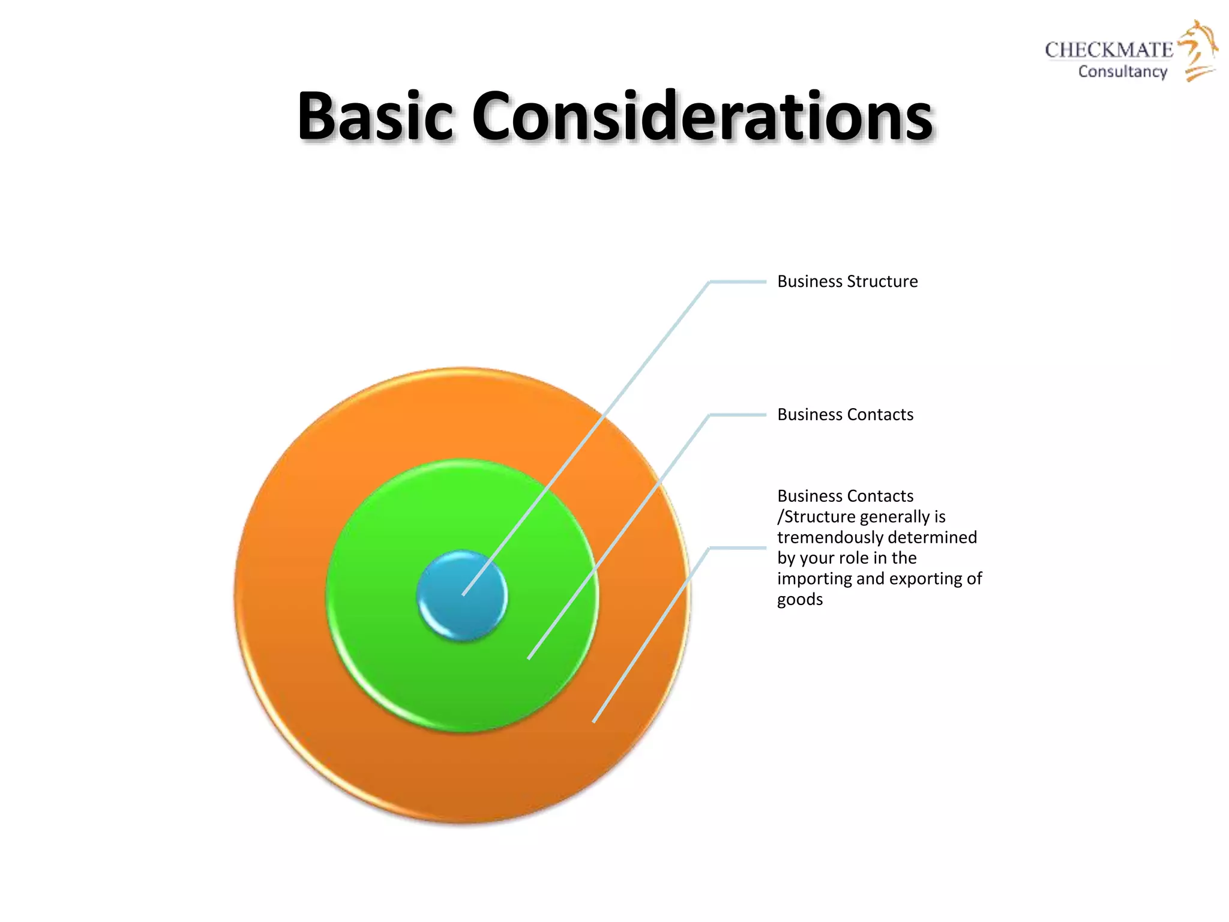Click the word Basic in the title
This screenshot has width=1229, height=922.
[374, 116]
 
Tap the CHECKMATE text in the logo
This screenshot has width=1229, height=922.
[1108, 50]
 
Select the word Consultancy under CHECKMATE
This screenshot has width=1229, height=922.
[1122, 71]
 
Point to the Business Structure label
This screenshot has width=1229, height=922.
[847, 282]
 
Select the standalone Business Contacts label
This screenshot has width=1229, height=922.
[845, 415]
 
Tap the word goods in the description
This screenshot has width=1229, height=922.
[800, 599]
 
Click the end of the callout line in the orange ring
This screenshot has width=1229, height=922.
[594, 721]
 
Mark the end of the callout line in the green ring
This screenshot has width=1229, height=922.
[529, 658]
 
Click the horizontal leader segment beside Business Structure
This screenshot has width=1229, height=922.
[738, 282]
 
